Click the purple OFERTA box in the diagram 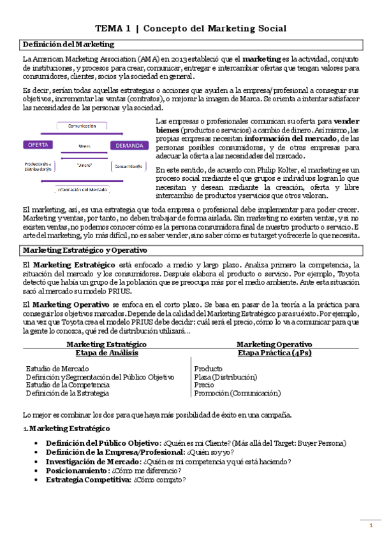(x=38, y=145)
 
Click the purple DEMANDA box (x=129, y=145)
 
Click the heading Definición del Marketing (x=69, y=44)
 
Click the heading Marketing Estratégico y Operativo (x=85, y=250)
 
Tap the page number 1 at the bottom (x=371, y=525)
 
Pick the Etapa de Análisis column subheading (x=107, y=352)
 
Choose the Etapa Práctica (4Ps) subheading (x=274, y=352)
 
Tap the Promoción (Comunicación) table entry (x=237, y=393)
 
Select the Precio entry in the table (x=204, y=385)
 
